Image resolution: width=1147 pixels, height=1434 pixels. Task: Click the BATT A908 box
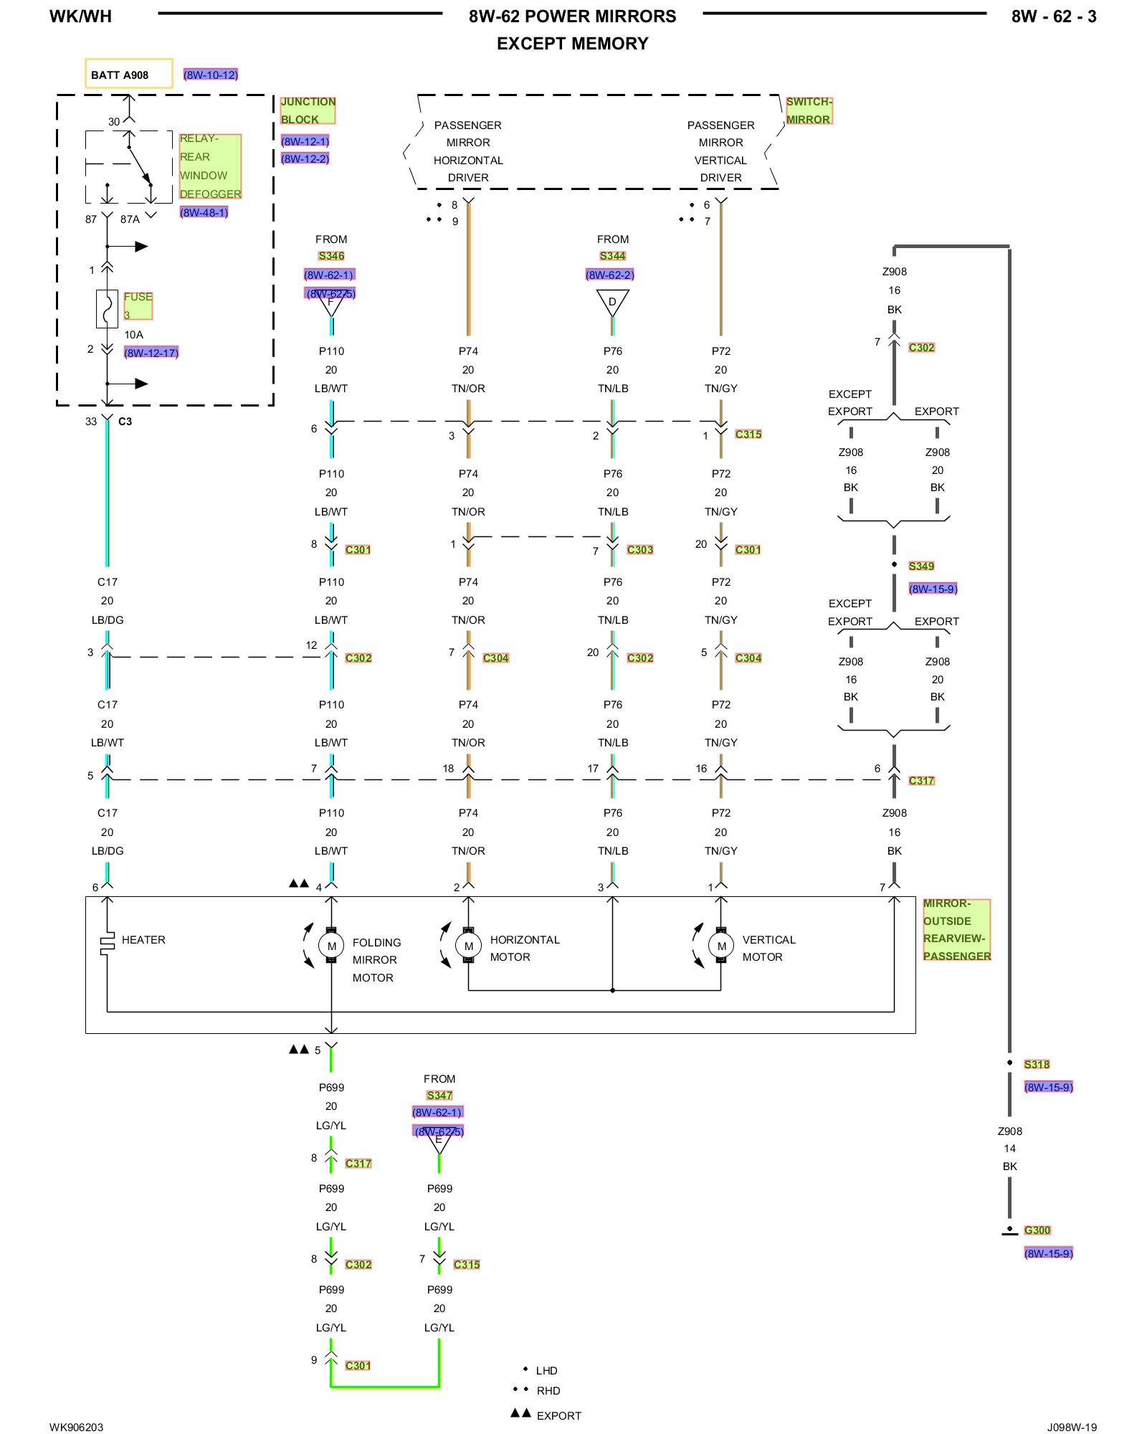(x=128, y=74)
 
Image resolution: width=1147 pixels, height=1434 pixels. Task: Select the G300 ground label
(x=1037, y=1230)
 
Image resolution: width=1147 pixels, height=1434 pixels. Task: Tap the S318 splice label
(x=1037, y=1065)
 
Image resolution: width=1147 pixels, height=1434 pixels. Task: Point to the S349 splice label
(x=921, y=566)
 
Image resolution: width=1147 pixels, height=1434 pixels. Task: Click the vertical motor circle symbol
(x=721, y=946)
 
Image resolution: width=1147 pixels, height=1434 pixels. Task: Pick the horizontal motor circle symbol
(x=468, y=946)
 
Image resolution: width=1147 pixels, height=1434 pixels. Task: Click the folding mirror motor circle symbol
(x=331, y=946)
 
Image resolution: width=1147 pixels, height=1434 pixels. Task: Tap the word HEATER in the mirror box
(x=143, y=940)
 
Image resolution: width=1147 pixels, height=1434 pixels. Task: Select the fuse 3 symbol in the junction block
(x=107, y=309)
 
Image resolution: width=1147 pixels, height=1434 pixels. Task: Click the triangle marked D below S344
(x=612, y=302)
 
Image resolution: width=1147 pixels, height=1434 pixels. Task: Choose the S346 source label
(x=331, y=256)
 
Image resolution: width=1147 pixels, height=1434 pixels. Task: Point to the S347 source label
(x=439, y=1096)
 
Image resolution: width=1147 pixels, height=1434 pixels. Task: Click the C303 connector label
(x=640, y=550)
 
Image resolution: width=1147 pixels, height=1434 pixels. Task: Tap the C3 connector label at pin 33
(x=125, y=422)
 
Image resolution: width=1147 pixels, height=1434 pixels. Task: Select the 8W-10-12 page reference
(x=210, y=75)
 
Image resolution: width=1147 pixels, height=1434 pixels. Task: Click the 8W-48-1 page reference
(x=204, y=212)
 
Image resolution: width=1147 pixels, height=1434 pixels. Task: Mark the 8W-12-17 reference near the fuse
(x=151, y=353)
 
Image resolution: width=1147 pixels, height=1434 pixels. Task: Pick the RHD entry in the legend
(x=548, y=1391)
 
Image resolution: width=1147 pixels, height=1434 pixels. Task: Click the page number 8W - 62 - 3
(x=1053, y=16)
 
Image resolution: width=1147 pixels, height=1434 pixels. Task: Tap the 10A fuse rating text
(x=133, y=335)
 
